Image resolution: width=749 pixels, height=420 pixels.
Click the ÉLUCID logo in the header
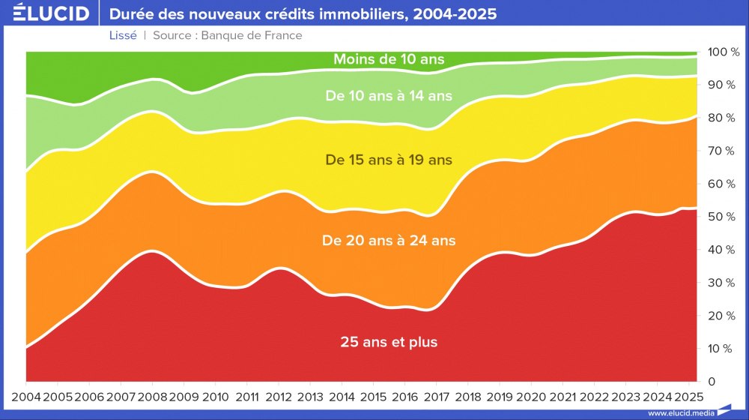[52, 13]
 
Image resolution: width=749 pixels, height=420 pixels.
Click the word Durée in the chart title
[132, 14]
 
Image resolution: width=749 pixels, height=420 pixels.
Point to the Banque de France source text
[255, 35]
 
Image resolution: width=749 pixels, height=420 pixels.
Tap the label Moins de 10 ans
[389, 58]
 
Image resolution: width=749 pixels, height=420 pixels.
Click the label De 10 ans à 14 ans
[389, 95]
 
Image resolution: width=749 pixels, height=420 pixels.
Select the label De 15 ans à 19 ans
[389, 159]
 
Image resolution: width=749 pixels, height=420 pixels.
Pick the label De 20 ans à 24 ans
[389, 241]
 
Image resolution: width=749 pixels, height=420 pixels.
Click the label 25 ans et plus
[389, 342]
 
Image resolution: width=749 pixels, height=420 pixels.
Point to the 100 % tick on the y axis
[724, 52]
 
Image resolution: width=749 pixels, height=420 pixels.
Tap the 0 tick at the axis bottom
[712, 382]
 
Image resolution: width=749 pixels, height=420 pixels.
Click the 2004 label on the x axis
[26, 396]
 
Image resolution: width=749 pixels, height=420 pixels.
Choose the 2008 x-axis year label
[153, 396]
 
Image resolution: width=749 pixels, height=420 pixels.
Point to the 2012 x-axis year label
[279, 396]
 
